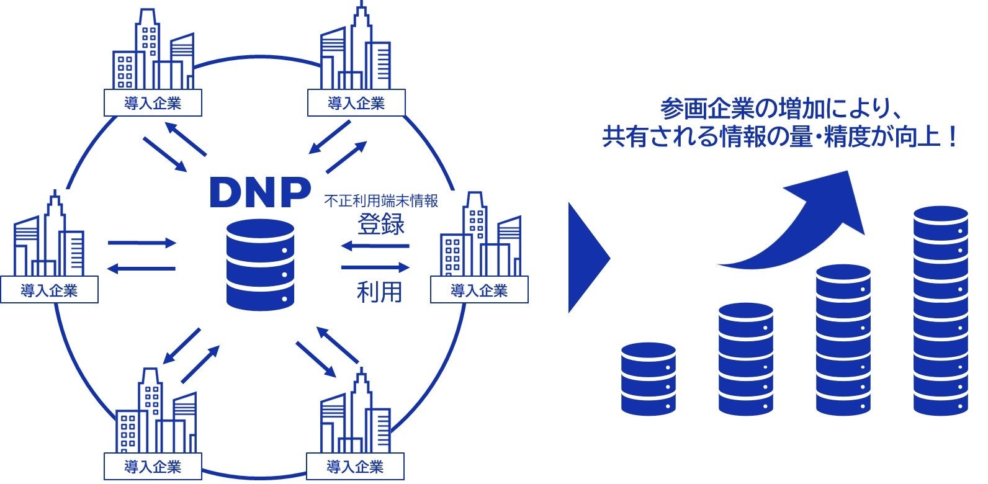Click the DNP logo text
[x=260, y=192]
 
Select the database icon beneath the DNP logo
[x=260, y=264]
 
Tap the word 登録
[x=380, y=224]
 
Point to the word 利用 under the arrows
[x=379, y=291]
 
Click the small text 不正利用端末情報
[x=381, y=202]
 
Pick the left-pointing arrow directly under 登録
[x=375, y=246]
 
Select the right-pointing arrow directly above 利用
[x=375, y=267]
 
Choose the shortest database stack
[x=648, y=379]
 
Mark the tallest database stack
[x=940, y=310]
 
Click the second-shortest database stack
[x=745, y=359]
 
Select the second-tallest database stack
[x=843, y=339]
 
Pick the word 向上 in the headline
[x=917, y=137]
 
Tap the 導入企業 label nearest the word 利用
[x=479, y=290]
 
